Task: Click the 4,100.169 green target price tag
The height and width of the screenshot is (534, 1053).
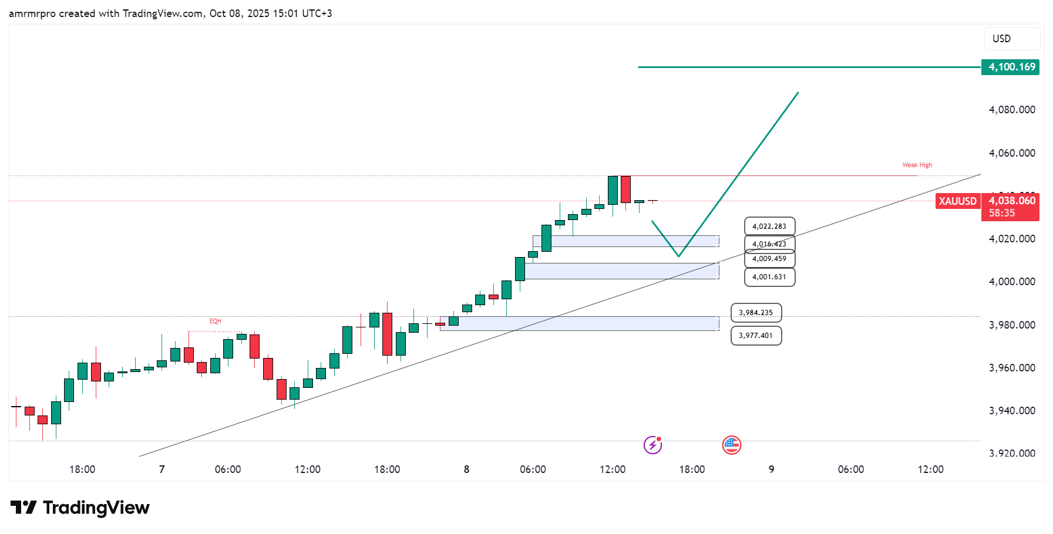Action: click(1010, 67)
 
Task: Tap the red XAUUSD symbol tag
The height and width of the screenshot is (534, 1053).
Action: click(957, 201)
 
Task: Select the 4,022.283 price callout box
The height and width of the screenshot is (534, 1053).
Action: click(769, 227)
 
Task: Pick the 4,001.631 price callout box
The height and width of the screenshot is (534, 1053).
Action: click(769, 277)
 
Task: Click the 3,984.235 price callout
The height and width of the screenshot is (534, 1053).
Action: click(756, 313)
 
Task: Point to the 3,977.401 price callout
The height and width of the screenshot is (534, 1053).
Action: click(756, 336)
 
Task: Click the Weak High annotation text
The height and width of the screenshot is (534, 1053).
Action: click(917, 165)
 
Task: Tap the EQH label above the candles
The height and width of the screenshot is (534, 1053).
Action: click(216, 322)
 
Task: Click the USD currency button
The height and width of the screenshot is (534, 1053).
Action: click(1011, 39)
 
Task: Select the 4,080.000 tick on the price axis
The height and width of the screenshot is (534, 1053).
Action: click(1012, 110)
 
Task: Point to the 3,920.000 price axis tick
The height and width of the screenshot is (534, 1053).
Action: click(1012, 453)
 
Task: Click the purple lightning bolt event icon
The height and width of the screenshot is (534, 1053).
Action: click(652, 445)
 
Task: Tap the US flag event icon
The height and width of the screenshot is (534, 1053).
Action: click(731, 445)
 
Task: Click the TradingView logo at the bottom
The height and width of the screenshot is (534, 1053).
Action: click(80, 508)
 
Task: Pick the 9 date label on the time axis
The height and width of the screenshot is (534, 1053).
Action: click(771, 469)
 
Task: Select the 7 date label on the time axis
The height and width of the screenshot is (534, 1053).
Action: click(162, 469)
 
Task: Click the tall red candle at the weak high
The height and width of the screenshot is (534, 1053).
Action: click(626, 189)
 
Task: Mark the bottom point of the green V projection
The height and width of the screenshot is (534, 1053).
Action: click(678, 256)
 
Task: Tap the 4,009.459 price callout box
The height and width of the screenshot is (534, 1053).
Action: click(769, 259)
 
